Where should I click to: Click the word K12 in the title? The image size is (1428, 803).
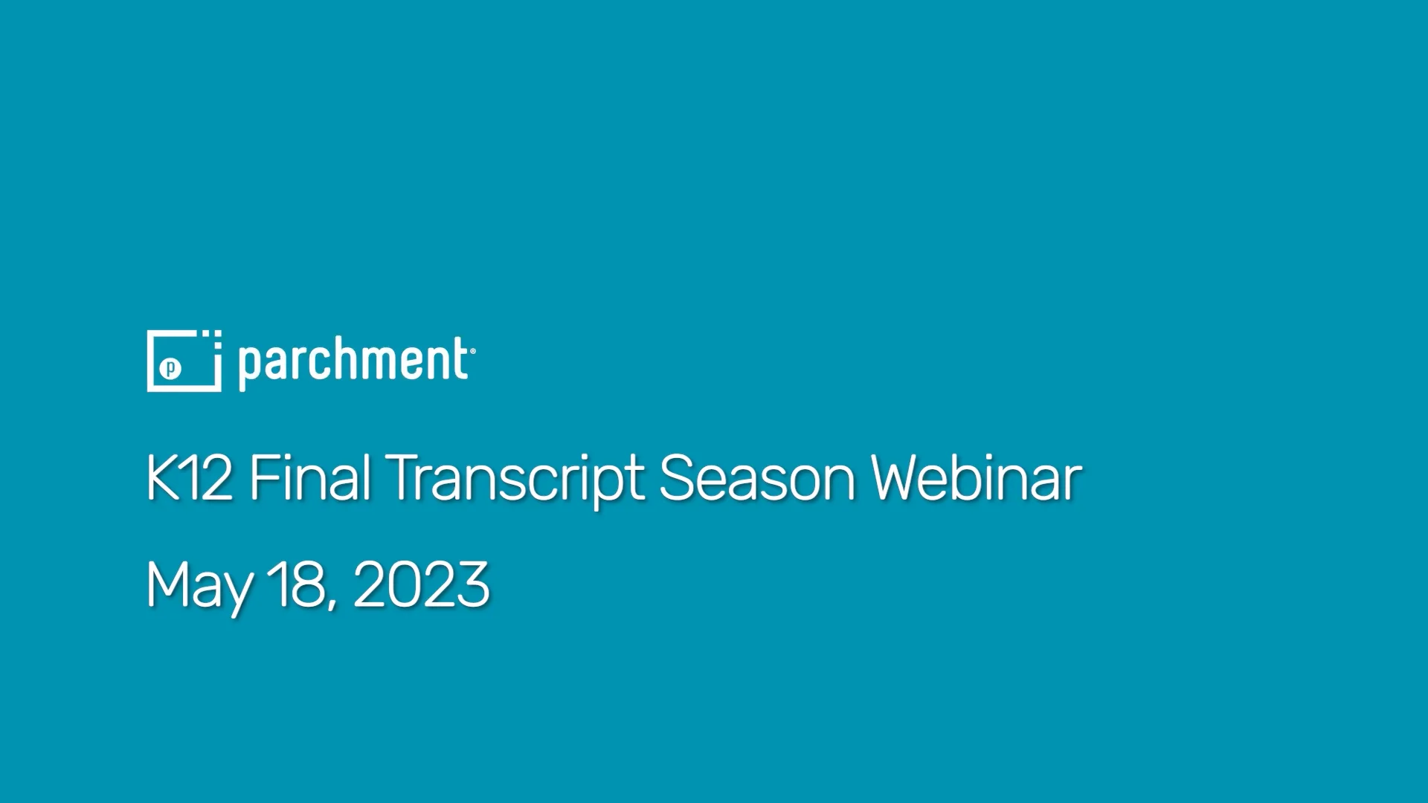[189, 477]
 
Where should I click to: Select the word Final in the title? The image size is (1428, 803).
[309, 477]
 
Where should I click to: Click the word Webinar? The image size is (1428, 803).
[977, 477]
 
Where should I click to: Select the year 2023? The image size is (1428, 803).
[421, 584]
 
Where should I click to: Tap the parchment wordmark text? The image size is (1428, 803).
[353, 362]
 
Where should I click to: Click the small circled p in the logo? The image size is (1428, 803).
[171, 367]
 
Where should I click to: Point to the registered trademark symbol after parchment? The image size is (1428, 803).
[472, 351]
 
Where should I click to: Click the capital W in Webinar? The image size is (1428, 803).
[901, 477]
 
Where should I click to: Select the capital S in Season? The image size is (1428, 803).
[677, 477]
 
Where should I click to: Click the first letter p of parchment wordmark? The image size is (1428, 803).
[248, 365]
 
